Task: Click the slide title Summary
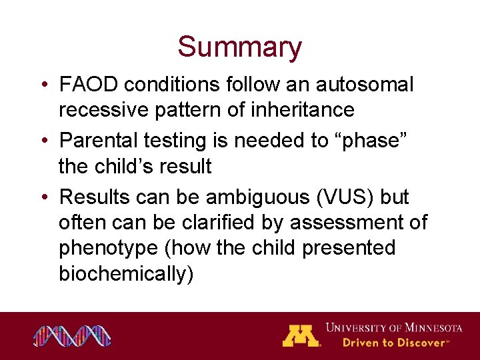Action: (x=239, y=47)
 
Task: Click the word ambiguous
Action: (x=251, y=198)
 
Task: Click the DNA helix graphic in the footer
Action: (x=73, y=336)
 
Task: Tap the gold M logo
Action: (x=301, y=335)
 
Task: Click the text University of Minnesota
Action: (x=393, y=328)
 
